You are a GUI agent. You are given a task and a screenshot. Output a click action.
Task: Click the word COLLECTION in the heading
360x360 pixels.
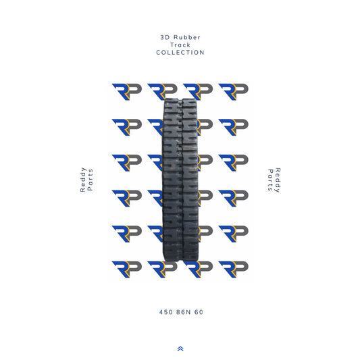180,53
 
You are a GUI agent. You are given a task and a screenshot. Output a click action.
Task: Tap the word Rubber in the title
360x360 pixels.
186,37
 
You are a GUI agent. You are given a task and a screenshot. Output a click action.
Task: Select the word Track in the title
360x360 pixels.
180,45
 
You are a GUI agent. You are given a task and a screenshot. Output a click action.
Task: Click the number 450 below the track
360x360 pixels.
165,312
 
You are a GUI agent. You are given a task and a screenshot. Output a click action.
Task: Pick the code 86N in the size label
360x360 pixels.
181,312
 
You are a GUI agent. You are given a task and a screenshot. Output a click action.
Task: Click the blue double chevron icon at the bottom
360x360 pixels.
180,349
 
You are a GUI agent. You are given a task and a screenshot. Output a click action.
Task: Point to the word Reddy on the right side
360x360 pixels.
278,180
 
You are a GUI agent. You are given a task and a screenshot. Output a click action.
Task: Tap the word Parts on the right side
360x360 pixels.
269,180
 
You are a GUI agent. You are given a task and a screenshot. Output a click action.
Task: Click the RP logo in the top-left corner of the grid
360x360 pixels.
126,91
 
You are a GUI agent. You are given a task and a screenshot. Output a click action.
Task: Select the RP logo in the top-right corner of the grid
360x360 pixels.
234,91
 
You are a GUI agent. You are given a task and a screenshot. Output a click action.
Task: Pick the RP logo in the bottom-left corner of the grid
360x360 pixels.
126,269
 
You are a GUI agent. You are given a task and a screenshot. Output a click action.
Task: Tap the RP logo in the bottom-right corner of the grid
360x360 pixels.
234,269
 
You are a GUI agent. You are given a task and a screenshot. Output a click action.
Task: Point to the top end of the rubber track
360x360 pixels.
180,100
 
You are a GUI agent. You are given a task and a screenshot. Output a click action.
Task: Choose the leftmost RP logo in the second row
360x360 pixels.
126,126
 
